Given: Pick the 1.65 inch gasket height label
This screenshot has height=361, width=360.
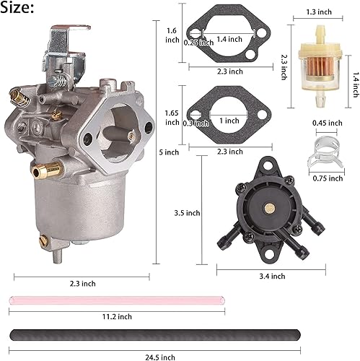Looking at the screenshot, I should click(x=172, y=118).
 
